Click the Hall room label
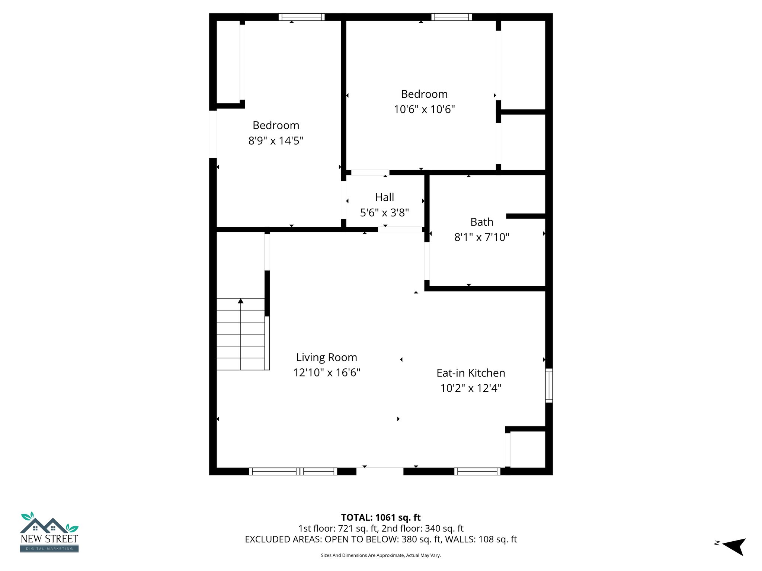click(x=384, y=197)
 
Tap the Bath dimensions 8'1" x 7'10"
click(x=481, y=237)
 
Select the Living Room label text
click(x=326, y=357)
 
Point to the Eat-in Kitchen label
click(x=471, y=373)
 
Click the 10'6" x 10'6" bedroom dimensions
click(x=424, y=109)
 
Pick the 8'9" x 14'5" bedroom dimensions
click(x=276, y=141)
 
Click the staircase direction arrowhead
click(x=241, y=301)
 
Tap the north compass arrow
click(x=734, y=546)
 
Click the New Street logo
click(x=49, y=532)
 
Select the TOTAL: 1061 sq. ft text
click(x=381, y=517)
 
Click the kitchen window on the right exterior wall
click(x=549, y=385)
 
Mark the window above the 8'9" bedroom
click(x=301, y=17)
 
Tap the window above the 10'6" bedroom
click(x=451, y=17)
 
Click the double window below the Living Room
click(x=293, y=471)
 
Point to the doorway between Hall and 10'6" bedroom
click(x=370, y=172)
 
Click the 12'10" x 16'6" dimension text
click(x=326, y=372)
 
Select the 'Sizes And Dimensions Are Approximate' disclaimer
click(x=381, y=555)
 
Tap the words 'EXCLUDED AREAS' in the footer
click(x=283, y=539)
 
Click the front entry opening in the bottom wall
click(x=380, y=471)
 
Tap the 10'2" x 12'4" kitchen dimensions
click(x=471, y=388)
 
